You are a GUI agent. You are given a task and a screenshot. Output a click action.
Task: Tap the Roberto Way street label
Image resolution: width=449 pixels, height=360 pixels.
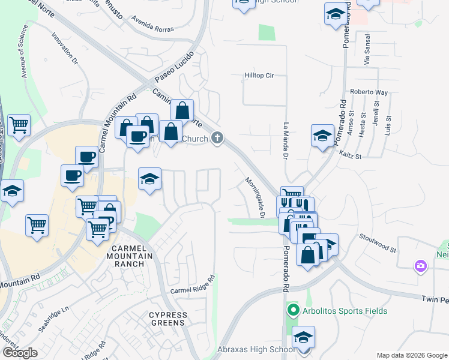coord(369,93)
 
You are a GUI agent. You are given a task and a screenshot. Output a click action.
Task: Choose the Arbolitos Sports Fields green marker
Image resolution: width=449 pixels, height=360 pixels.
coord(293,311)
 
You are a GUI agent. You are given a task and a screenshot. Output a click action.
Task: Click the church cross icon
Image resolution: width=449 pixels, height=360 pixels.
coord(217,139)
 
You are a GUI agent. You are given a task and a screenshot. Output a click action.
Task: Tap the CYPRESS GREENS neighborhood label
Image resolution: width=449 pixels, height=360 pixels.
coord(167,319)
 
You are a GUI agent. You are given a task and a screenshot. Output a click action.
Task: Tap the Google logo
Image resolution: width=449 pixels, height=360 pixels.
coord(20,353)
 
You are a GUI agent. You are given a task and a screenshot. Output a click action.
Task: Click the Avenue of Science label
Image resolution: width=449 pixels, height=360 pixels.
coord(25,52)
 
